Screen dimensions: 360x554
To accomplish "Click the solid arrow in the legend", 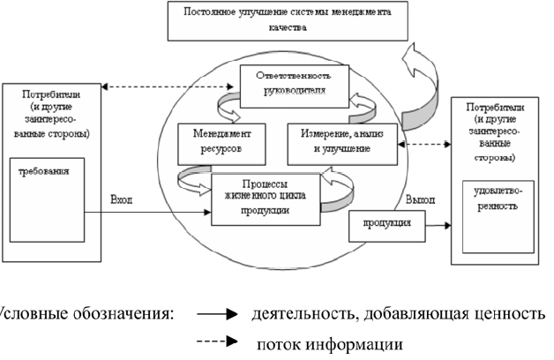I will click(x=217, y=313).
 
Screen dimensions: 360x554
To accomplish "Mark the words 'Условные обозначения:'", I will click(x=84, y=313).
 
